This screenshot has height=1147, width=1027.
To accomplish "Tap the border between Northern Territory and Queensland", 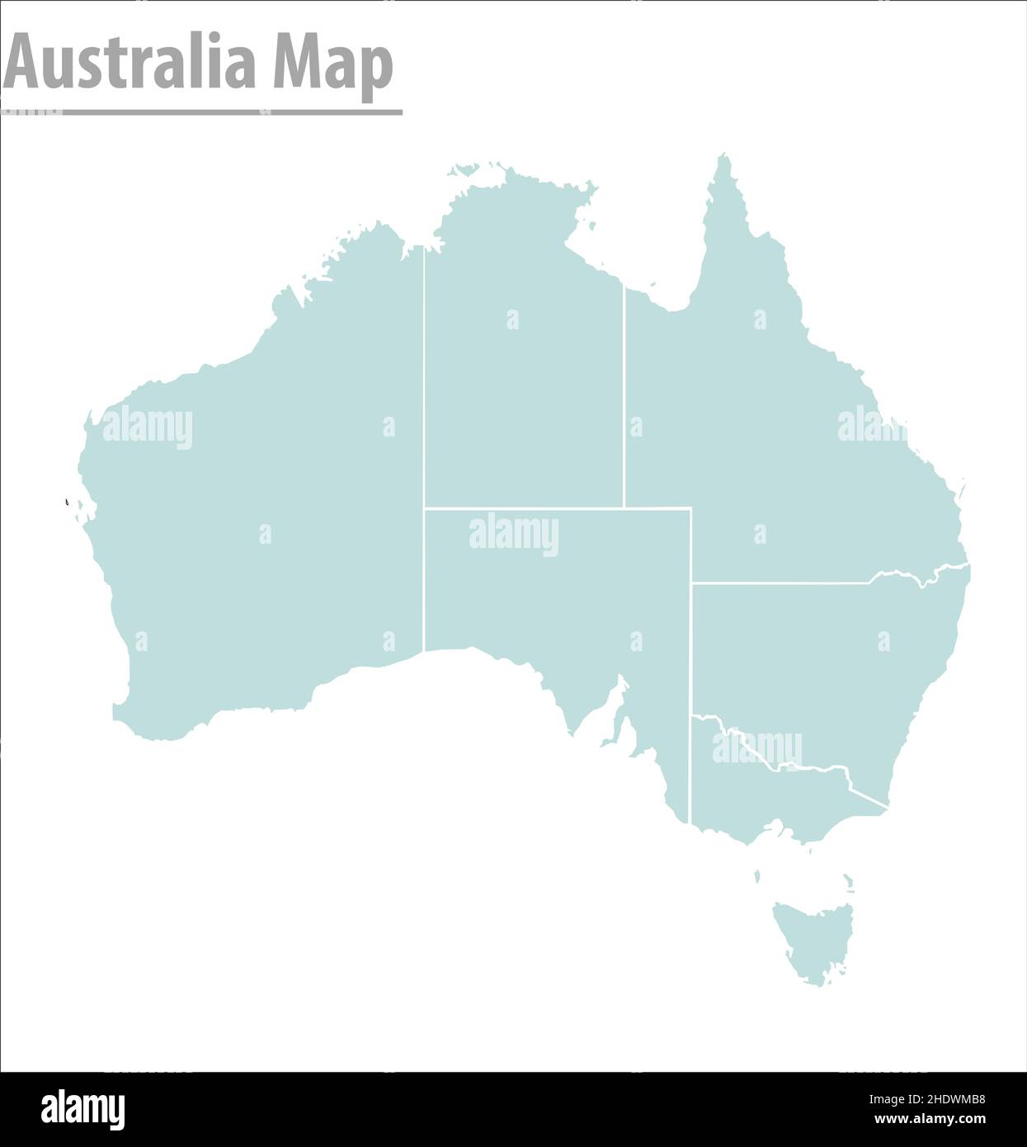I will click(x=624, y=396).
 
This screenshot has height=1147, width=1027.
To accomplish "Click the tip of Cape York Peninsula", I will click(x=724, y=157).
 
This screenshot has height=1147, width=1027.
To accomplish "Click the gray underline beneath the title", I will click(x=202, y=111).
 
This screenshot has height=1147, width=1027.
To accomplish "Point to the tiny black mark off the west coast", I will click(x=66, y=501).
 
